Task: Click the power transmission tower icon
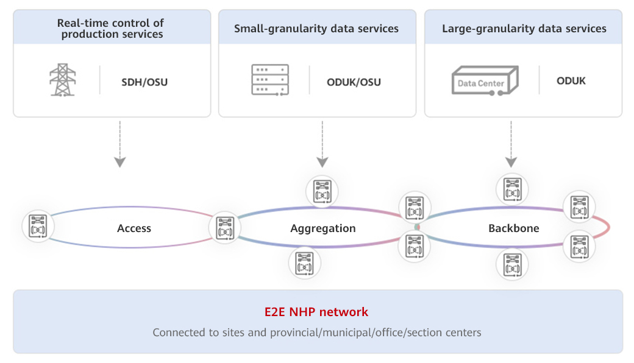coord(63,80)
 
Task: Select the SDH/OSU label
coord(144,81)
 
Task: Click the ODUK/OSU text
coord(354,82)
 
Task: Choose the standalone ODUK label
coord(571,80)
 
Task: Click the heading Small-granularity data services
coord(316,29)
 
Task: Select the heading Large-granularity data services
coord(524,29)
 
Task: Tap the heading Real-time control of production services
coord(110,29)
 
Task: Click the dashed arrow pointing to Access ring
coord(120,144)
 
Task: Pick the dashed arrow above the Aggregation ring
coord(322,144)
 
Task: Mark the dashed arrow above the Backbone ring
coord(511,144)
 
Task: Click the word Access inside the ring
coord(134,228)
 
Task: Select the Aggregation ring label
coord(323,228)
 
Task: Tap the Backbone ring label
coord(514,228)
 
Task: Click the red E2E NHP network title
coord(316,312)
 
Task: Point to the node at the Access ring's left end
coord(38,227)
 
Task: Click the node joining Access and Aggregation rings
coord(225,228)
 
